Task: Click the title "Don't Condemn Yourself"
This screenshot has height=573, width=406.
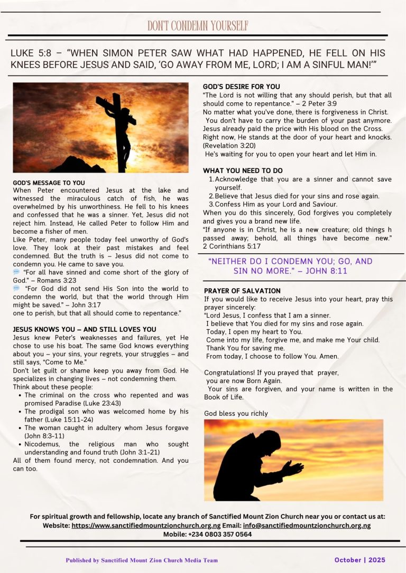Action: tap(198, 26)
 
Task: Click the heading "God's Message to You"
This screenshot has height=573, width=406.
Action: tap(49, 183)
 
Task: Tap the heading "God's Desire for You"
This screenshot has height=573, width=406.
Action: tap(242, 87)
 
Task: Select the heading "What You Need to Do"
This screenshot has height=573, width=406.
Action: tap(243, 171)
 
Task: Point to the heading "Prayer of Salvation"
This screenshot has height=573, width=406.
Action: tap(242, 291)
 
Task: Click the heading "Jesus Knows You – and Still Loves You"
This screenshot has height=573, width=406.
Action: tap(85, 329)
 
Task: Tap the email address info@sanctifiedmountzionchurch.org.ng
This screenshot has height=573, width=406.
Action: tap(307, 526)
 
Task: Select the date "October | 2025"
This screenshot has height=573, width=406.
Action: tap(360, 560)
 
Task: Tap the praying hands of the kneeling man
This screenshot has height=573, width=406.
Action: tap(292, 467)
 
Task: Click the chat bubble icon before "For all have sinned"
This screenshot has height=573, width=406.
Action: tap(16, 272)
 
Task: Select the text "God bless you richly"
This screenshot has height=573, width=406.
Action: tap(236, 413)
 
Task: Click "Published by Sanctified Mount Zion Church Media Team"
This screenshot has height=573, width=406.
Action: tap(142, 560)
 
